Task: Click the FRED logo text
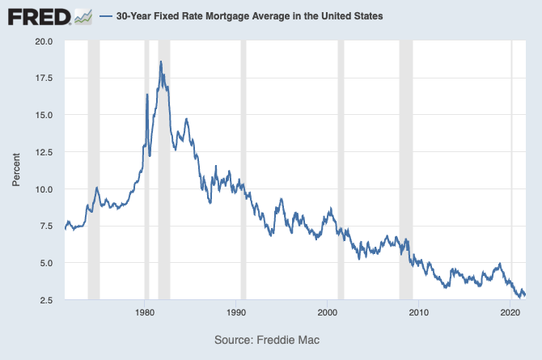coord(37,16)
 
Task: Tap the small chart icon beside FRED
coord(83,16)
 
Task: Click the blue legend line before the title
coord(105,16)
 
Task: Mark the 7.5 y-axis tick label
coord(45,227)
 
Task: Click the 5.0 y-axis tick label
coord(45,264)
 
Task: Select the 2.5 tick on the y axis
coord(45,301)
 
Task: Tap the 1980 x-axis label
coord(145,312)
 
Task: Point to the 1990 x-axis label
coord(236,312)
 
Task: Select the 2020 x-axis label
coord(510,312)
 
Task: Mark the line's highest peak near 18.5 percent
coord(161,61)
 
